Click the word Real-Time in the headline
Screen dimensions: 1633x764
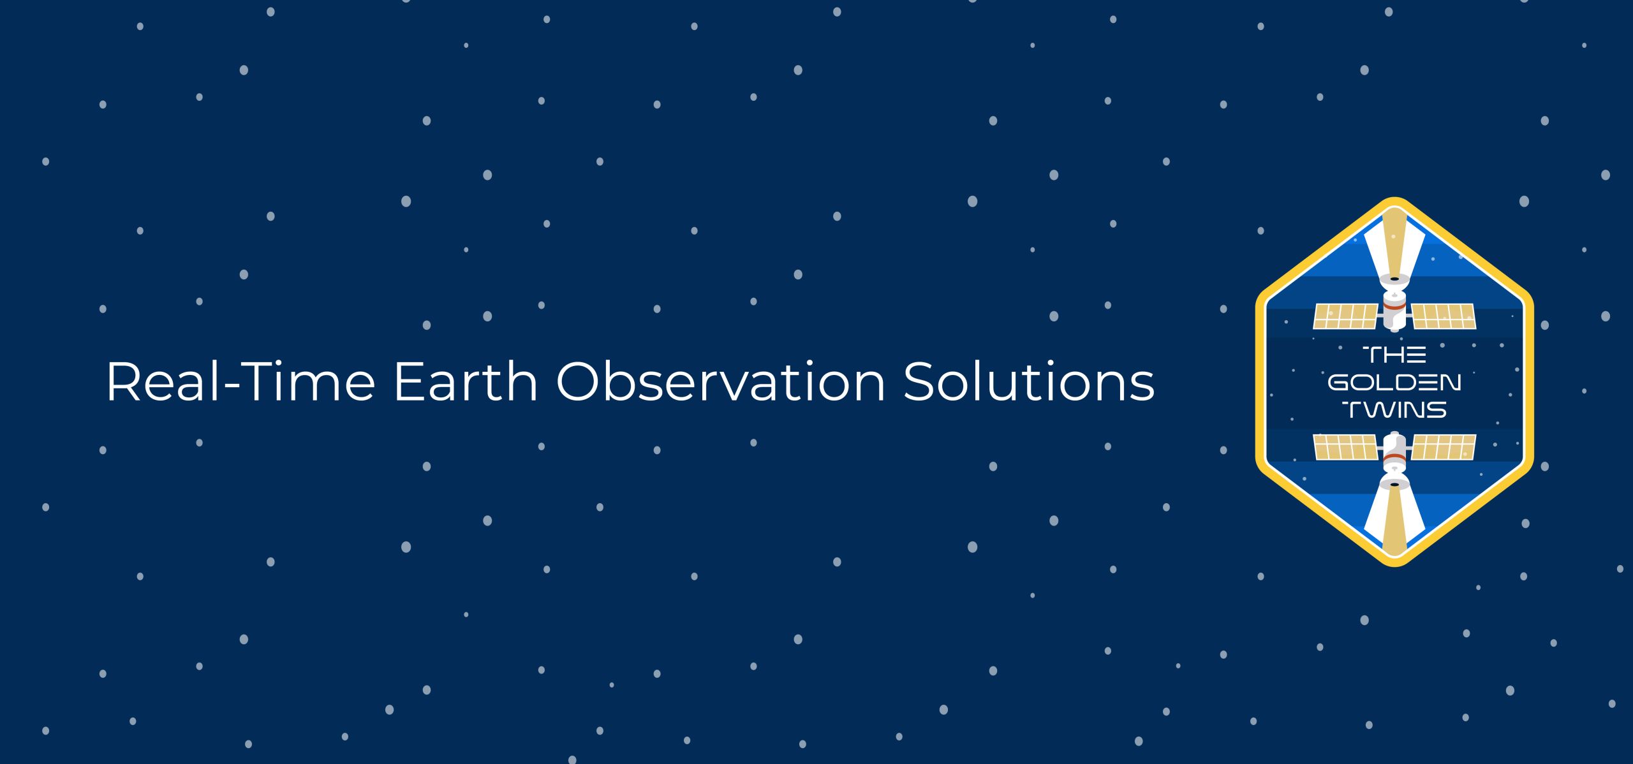click(240, 381)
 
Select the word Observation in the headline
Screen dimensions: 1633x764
click(721, 381)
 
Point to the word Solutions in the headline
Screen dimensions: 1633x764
click(1029, 381)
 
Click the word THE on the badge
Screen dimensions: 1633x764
click(1394, 355)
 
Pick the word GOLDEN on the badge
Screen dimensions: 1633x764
click(1394, 383)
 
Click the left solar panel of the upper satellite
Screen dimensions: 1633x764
click(1345, 316)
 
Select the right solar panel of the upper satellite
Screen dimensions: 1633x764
click(1444, 316)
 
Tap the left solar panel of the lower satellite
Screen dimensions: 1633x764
click(1345, 447)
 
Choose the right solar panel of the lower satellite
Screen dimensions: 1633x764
click(1444, 447)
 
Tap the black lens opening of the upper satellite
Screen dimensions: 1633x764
click(1394, 279)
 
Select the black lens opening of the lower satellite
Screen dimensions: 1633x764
click(1394, 485)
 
